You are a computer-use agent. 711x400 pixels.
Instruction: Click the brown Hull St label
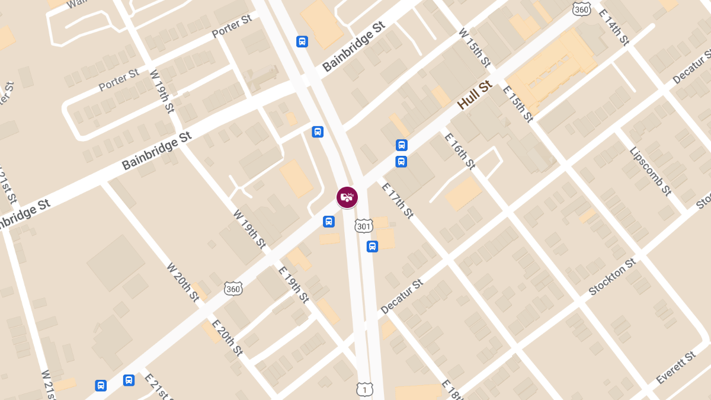tap(475, 95)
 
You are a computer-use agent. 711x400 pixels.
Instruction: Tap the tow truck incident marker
tap(347, 197)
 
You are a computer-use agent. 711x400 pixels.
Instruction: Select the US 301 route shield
tap(363, 226)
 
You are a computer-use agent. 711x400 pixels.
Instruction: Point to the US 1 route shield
tap(365, 389)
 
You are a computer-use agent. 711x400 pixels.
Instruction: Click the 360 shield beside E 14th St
tap(582, 8)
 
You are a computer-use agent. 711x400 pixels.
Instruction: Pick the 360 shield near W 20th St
tap(233, 289)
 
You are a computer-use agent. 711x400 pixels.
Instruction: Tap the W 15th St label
tap(475, 47)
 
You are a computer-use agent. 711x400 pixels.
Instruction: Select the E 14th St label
tap(613, 27)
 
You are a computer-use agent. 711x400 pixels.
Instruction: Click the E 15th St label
tap(518, 104)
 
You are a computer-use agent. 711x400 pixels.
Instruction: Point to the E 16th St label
tap(460, 151)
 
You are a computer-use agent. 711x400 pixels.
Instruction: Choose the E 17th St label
tap(397, 200)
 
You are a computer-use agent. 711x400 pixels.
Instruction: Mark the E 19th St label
tap(294, 284)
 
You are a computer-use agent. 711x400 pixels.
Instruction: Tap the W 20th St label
tap(183, 282)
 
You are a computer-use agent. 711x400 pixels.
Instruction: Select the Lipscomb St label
tap(651, 171)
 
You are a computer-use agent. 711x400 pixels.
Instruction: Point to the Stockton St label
tap(612, 277)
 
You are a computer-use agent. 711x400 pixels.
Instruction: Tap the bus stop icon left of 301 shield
tap(329, 222)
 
